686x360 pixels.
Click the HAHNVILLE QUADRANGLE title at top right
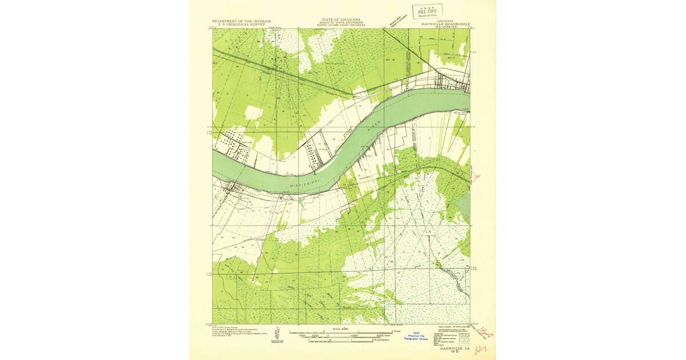445,23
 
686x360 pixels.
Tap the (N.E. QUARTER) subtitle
445,27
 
